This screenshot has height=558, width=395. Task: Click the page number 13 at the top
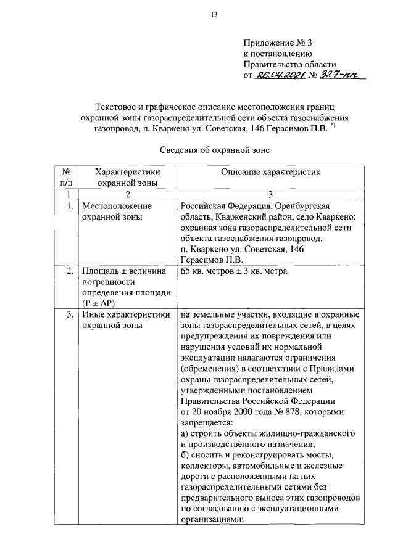pos(197,16)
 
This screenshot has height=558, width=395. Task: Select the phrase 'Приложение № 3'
pos(279,43)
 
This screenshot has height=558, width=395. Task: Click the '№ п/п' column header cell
pos(65,178)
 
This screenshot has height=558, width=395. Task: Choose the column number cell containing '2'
pos(127,194)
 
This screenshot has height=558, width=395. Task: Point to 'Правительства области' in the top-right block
pos(289,64)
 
